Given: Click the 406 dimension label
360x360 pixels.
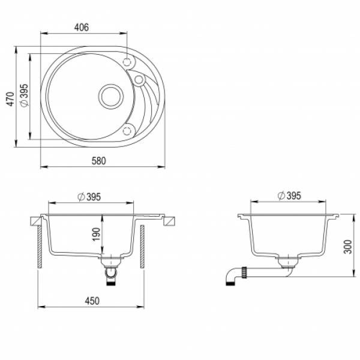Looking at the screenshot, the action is pos(81,28).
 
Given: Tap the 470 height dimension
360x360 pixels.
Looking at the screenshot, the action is pos(10,99).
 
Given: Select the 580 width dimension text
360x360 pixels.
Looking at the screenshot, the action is pos(99,161).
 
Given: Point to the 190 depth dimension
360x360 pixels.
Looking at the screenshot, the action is pos(97,234).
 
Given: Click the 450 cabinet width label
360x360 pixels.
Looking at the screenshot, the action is pos(92,301).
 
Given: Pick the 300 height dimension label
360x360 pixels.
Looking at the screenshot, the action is pos(348,247).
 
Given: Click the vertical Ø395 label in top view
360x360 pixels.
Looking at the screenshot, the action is pos(24,95).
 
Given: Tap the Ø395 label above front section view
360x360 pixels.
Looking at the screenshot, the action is pos(89,197).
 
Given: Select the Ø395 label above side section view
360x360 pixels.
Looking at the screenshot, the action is pos(289,196).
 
